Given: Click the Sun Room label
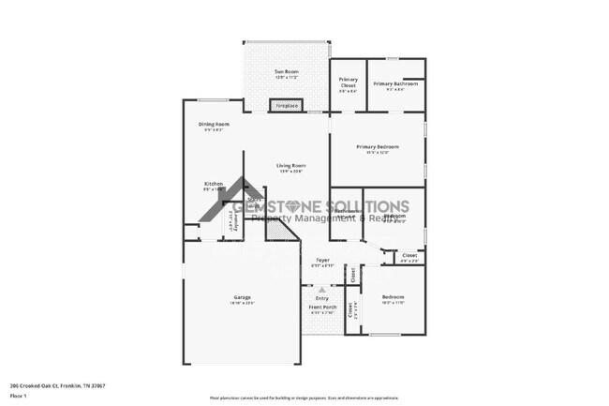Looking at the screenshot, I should (285, 72).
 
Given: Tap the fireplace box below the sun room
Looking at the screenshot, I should (285, 106).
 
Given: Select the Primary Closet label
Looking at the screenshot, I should (348, 82).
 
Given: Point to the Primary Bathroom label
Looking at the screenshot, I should (394, 84).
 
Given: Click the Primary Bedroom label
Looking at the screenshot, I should (378, 147).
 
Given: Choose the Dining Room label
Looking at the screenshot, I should (214, 124).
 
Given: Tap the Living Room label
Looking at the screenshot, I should (290, 166).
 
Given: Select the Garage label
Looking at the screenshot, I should (242, 297).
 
